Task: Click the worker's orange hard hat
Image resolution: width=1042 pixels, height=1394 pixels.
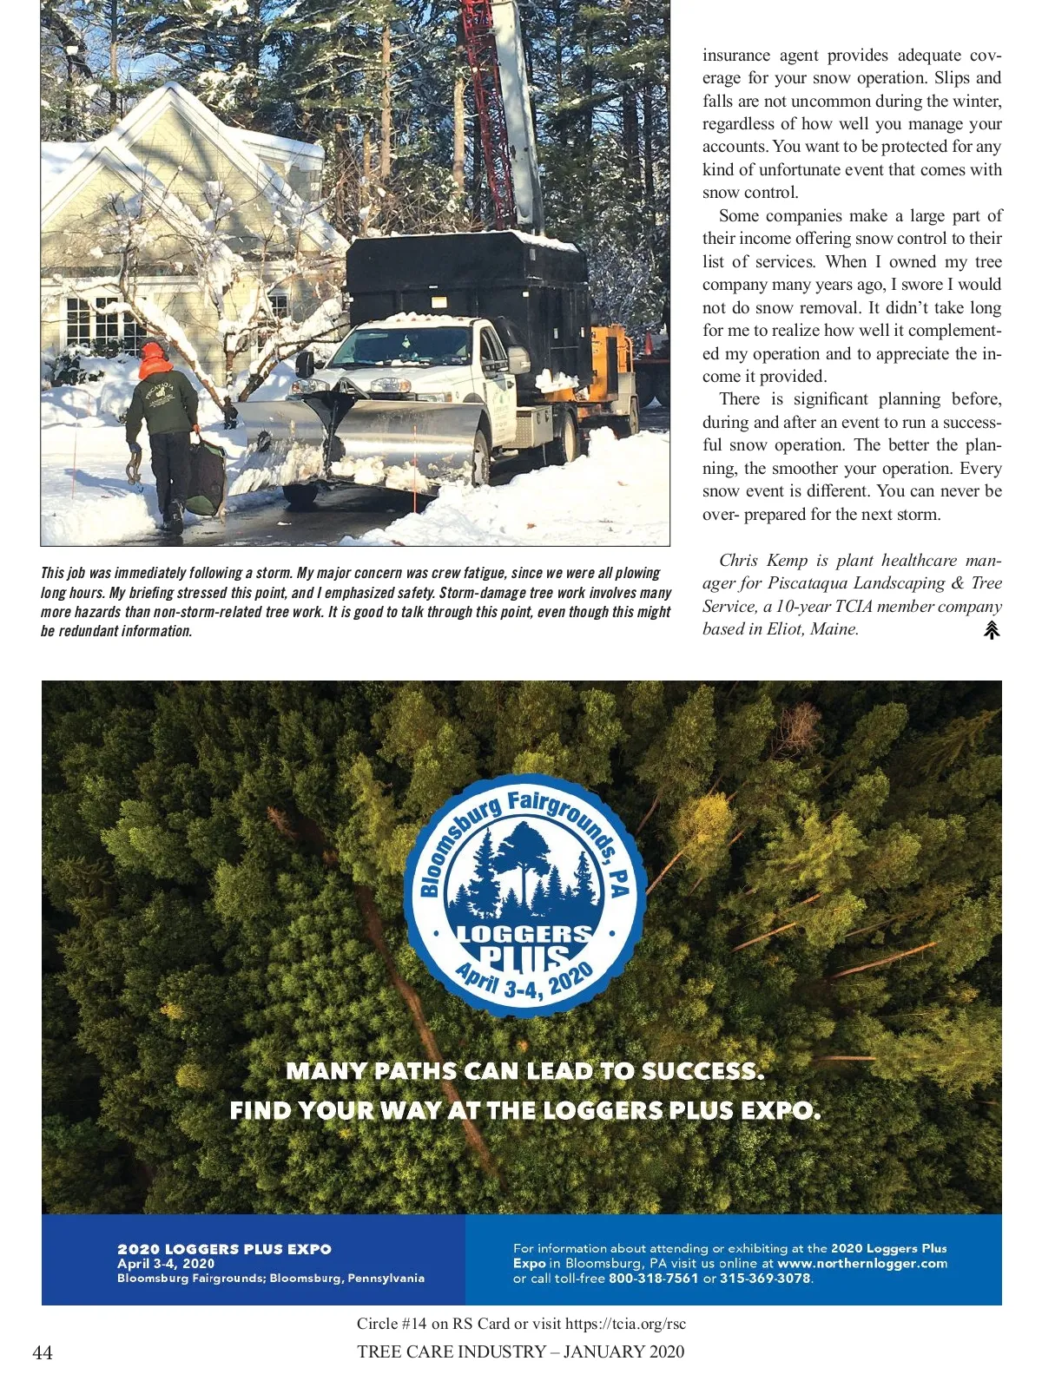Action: (155, 355)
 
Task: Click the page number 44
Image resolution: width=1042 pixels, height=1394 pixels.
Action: (43, 1352)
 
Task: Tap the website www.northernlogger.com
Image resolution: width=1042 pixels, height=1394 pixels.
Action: (862, 1264)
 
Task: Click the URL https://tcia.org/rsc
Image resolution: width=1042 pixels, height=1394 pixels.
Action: (625, 1324)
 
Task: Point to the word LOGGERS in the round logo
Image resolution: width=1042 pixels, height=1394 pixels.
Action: (524, 935)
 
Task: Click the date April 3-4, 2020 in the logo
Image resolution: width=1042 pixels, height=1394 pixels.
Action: (524, 983)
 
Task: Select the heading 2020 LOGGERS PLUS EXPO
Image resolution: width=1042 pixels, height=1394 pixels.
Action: (224, 1249)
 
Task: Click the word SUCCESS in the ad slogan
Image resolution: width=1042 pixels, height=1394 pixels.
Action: (702, 1071)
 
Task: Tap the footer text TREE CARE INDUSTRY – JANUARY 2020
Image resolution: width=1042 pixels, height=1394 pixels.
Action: (520, 1351)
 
